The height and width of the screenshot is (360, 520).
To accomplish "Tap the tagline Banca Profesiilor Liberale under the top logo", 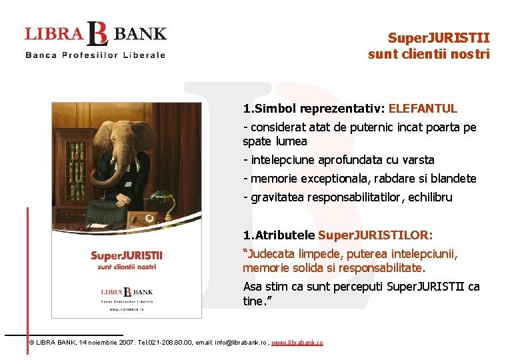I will [95, 55].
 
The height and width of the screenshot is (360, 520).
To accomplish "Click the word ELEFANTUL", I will [423, 108].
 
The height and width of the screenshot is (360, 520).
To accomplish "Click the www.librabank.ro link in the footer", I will [297, 342].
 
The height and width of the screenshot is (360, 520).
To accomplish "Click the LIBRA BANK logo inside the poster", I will [127, 291].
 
